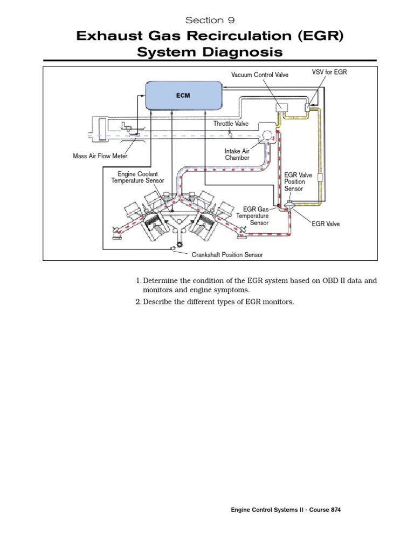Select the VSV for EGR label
(329, 72)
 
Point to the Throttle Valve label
(231, 124)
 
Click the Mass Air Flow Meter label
(104, 157)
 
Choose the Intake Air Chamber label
(237, 155)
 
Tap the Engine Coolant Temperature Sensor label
(138, 177)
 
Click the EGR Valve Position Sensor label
(295, 182)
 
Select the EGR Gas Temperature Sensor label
(256, 215)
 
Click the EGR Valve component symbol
(289, 204)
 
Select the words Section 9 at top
(206, 20)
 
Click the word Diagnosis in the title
(244, 52)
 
